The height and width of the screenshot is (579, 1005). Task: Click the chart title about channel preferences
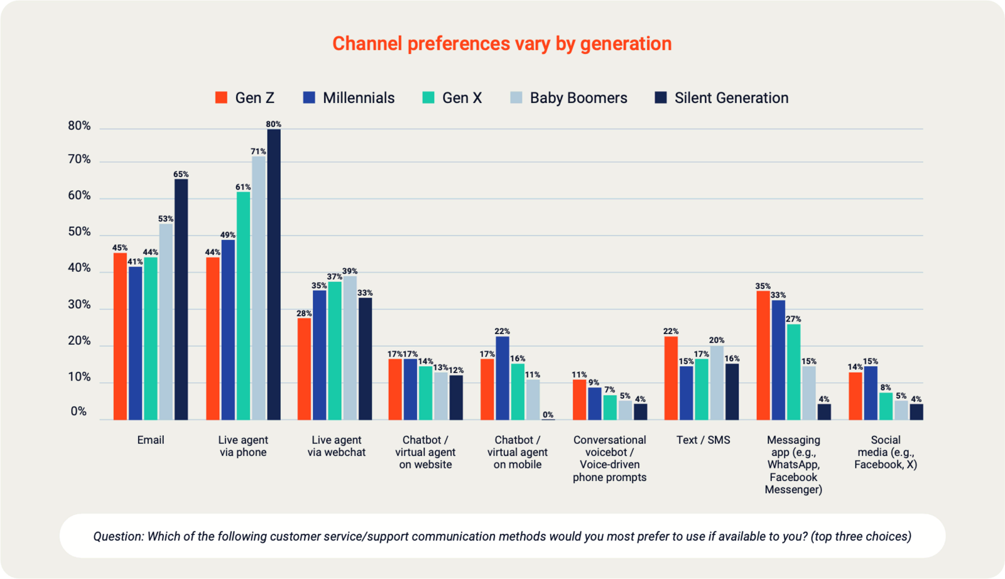502,44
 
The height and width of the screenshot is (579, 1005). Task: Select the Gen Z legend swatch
221,98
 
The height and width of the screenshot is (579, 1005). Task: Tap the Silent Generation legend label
731,98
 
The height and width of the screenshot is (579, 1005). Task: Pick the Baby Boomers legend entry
578,98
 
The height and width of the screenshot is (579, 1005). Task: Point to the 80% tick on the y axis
79,126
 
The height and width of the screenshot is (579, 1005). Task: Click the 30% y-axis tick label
79,305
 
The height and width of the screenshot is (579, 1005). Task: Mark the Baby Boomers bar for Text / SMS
717,382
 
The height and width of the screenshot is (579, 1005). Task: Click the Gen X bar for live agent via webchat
335,350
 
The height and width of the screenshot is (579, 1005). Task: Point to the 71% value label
258,151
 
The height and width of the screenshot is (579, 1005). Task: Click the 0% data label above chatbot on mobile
548,414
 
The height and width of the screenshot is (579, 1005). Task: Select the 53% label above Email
166,219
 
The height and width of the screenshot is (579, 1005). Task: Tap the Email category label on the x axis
151,440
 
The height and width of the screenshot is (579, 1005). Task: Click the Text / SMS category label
703,440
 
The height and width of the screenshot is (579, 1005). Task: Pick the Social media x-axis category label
886,452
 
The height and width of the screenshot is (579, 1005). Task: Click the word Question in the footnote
118,536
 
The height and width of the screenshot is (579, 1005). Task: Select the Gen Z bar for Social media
856,396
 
